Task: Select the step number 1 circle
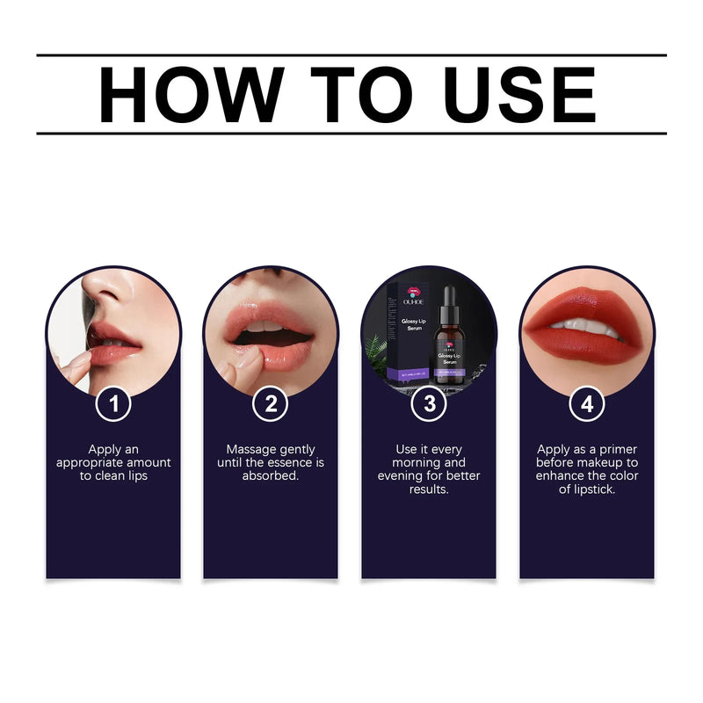pyautogui.click(x=113, y=404)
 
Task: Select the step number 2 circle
pyautogui.click(x=271, y=404)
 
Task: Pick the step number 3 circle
pyautogui.click(x=429, y=404)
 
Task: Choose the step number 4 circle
pyautogui.click(x=587, y=404)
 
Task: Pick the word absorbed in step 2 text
pyautogui.click(x=271, y=475)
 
